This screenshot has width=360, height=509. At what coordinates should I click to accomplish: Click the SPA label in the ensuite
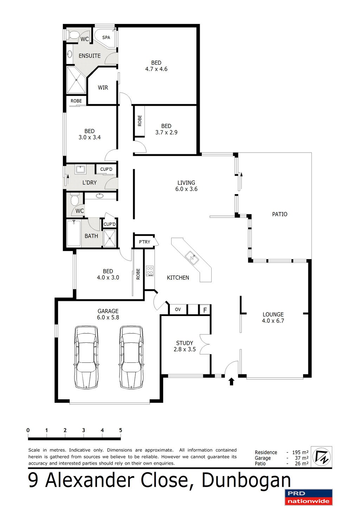coord(106,38)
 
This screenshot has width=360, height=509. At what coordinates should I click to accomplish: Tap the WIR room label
coord(103,88)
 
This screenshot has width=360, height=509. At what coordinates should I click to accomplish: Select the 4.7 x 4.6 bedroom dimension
coord(156,69)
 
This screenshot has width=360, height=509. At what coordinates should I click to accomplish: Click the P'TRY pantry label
coord(144,242)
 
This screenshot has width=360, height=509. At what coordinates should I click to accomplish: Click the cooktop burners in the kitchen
coord(150,271)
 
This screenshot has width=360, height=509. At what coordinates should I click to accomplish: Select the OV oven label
coord(178,309)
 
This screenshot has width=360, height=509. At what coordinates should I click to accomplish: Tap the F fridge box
coord(205,310)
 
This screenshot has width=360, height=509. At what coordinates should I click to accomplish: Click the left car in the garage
coord(86,357)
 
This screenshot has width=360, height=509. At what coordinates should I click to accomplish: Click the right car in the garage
coord(131,357)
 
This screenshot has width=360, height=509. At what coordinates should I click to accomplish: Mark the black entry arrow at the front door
coord(231,382)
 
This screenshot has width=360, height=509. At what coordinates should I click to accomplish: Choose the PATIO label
coord(280,214)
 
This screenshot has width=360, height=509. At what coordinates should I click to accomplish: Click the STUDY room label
coord(185,343)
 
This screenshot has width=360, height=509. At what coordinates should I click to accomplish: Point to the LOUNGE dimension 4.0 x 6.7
coord(273,321)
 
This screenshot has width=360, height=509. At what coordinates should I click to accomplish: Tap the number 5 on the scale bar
coord(121,430)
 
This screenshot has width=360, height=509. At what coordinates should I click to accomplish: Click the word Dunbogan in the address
coord(246,481)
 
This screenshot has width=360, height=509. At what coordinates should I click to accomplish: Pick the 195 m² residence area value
coord(300,452)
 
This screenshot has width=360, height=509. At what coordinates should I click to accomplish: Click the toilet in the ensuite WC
coord(73,35)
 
